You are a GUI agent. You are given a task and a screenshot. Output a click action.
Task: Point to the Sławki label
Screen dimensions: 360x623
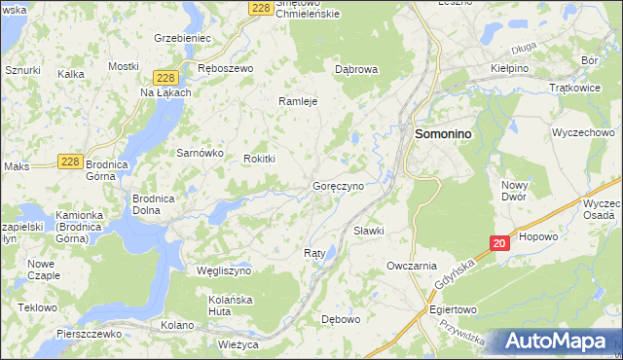coord(369,231)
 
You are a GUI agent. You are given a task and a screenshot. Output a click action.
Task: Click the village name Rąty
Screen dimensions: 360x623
coord(313,252)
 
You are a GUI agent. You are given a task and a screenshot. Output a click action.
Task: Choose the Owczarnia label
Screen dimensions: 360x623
coord(412,265)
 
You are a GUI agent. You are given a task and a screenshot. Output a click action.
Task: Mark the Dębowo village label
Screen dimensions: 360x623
coord(342,318)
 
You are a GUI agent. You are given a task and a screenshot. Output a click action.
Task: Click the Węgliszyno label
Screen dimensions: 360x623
coord(224,270)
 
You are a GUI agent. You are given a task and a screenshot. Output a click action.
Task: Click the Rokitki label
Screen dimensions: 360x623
coord(260,159)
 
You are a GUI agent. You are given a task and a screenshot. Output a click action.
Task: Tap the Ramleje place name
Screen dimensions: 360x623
coord(299,100)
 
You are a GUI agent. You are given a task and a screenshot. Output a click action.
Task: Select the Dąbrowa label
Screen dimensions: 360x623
coord(355,69)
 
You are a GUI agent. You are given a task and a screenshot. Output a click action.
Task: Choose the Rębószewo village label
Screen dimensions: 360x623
coord(225,69)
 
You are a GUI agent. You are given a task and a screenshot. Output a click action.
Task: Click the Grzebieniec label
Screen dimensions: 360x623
coord(183,38)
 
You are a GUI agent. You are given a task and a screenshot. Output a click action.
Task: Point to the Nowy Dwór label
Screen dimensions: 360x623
coord(515,190)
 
